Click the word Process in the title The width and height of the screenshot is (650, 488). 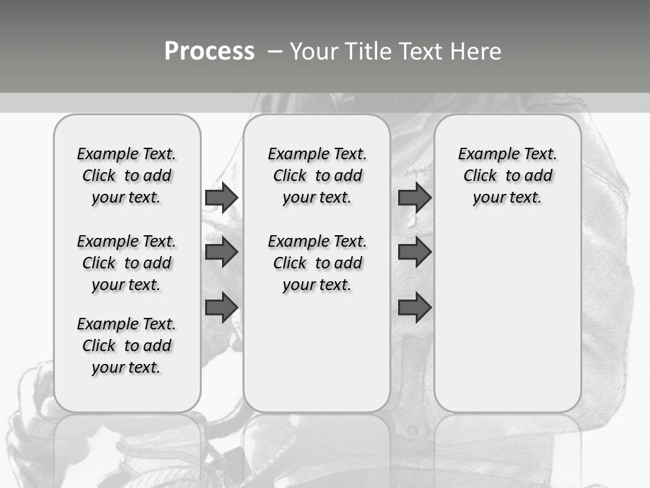coord(209,51)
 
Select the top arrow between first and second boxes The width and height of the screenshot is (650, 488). coord(221,197)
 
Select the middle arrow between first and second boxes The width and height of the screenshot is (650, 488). coord(221,252)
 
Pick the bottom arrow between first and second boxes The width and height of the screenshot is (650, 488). coord(221,307)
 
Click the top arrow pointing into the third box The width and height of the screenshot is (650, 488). coord(414,197)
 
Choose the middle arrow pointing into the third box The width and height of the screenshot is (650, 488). coord(414,252)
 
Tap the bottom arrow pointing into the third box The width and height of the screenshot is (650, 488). coord(414,307)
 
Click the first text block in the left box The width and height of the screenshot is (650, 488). coord(127,176)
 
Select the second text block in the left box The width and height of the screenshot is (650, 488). coord(127,263)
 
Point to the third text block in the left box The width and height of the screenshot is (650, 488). coord(127,346)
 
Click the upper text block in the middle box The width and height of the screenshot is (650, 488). coord(317,176)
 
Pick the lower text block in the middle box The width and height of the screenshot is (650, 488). coord(317,263)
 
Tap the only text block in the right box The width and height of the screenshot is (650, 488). coord(507,176)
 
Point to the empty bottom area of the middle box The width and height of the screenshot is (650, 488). coord(317,359)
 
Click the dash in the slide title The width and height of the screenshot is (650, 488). coord(275,52)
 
